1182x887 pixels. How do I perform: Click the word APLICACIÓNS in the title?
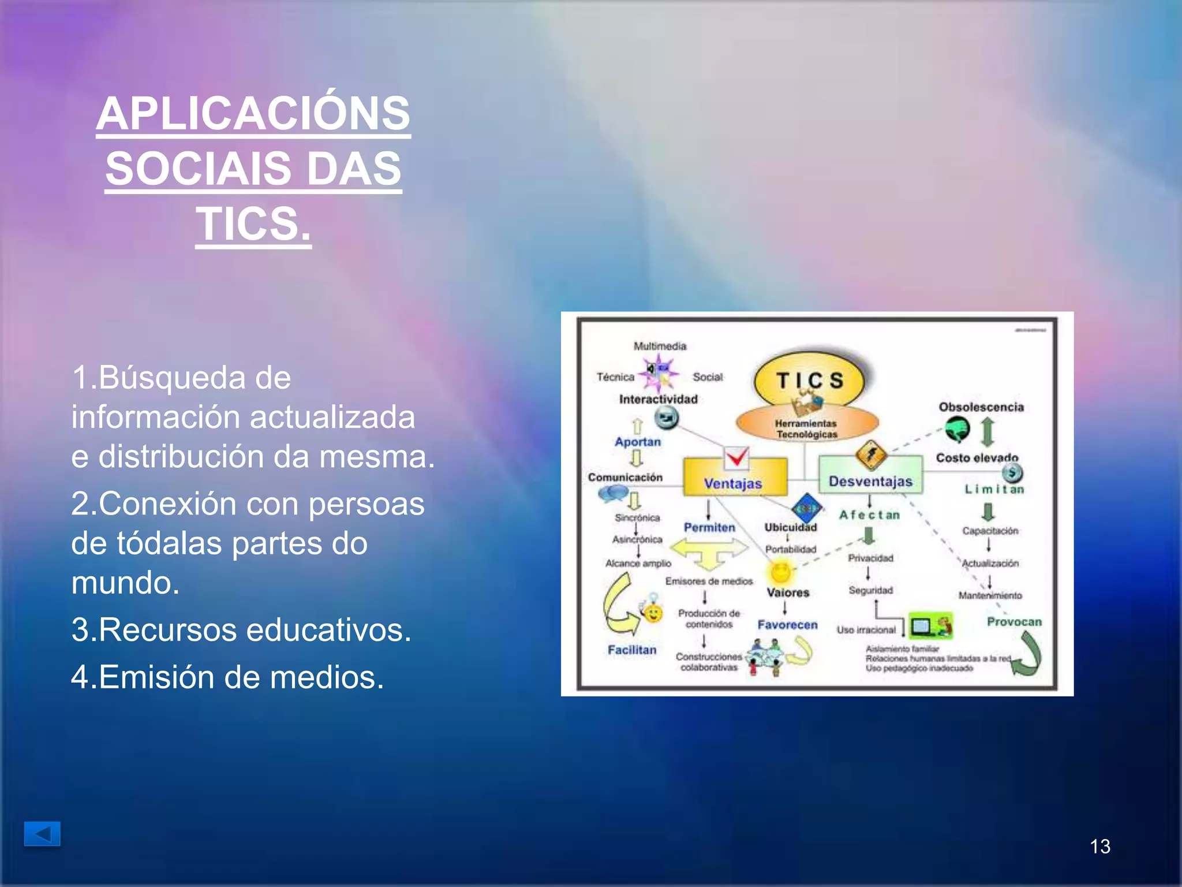click(x=253, y=113)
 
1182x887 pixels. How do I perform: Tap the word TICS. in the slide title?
click(x=253, y=224)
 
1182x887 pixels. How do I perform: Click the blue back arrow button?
click(x=42, y=834)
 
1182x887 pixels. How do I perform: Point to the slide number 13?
click(x=1100, y=847)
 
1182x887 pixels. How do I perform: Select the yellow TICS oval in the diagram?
click(x=809, y=379)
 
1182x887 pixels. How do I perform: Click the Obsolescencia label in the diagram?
click(x=981, y=407)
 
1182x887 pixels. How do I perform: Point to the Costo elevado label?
click(x=977, y=457)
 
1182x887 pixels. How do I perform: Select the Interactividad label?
click(x=658, y=399)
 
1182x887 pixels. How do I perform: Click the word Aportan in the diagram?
click(x=638, y=442)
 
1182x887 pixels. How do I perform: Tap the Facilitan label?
click(x=632, y=650)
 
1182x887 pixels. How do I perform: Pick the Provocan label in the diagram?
click(x=1014, y=621)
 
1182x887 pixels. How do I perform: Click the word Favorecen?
click(x=787, y=624)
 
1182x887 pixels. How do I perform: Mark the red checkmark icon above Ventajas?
click(x=736, y=458)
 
